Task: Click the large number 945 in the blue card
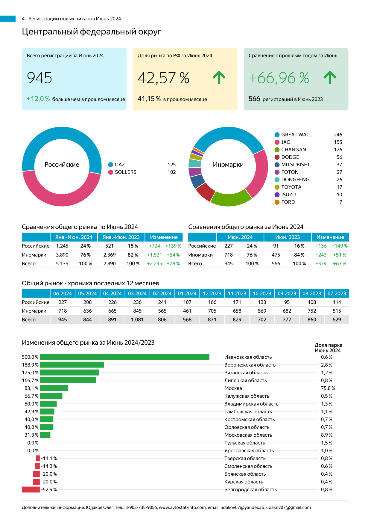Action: point(39,78)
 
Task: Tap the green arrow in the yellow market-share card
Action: point(219,77)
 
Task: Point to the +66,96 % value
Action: point(279,78)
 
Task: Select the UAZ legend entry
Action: point(120,165)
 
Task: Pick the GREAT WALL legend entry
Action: point(296,135)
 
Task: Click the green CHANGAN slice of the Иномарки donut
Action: point(230,199)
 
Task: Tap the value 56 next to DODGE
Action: point(339,157)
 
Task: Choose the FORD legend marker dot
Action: point(277,202)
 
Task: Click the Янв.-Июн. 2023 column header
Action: point(121,237)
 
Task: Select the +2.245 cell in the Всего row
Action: point(154,263)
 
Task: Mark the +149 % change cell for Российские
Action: point(340,246)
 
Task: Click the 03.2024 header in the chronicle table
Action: point(137,293)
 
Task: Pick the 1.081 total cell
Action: point(137,319)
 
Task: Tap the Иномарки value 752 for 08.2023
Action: point(312,311)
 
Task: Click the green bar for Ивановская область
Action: point(124,357)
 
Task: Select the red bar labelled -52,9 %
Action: point(31,489)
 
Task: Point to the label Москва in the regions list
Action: point(233,388)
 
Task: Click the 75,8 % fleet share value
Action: point(328,388)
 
